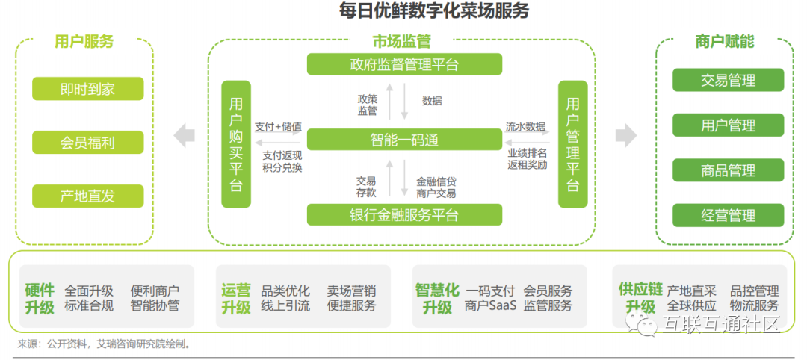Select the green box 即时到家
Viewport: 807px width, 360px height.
[87, 89]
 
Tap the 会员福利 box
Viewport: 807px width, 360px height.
[87, 142]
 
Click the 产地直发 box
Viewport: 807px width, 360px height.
[87, 196]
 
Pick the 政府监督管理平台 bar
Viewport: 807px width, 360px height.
[404, 64]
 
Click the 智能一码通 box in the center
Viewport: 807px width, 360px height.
[404, 140]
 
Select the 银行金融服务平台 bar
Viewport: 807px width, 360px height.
[404, 215]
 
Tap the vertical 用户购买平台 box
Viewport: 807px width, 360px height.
[236, 144]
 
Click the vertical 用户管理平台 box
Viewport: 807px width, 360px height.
[573, 144]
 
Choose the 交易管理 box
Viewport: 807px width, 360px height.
[728, 80]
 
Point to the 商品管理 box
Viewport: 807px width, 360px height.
[728, 170]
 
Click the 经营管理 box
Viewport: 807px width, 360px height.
[728, 216]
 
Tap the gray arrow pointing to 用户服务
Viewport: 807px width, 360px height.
[184, 135]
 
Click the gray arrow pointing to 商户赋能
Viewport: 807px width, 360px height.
[625, 135]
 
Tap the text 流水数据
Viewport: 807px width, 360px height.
[525, 126]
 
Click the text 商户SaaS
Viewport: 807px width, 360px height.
[489, 305]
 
